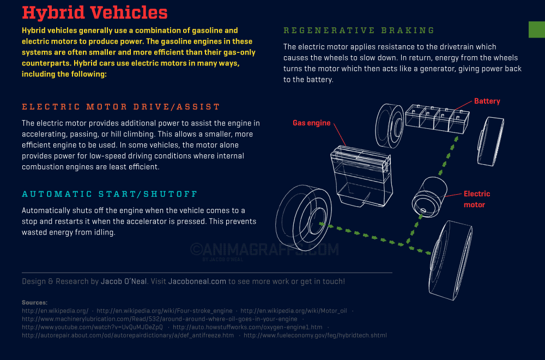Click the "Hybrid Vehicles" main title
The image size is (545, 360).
[95, 13]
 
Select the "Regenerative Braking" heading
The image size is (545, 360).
[359, 31]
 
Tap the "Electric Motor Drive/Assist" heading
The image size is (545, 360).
[121, 107]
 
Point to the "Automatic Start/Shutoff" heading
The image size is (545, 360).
[110, 194]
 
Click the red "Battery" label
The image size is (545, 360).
[487, 101]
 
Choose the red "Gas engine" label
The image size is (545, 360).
[312, 123]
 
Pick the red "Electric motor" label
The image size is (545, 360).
[476, 199]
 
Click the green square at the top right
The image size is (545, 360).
[536, 29]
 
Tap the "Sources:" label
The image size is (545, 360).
[34, 302]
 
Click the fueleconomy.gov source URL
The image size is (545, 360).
[315, 335]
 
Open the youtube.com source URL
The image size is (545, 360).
[92, 327]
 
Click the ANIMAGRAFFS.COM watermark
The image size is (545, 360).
[264, 249]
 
